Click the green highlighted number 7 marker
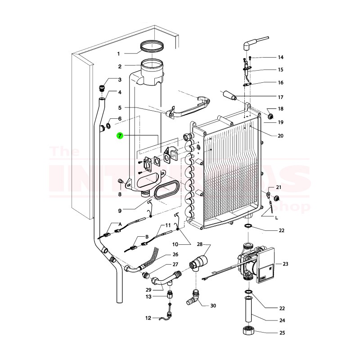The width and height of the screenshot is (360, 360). point(120,135)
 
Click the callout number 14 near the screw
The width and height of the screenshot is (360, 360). point(280,58)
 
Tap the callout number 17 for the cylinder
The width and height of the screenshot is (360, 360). point(280,98)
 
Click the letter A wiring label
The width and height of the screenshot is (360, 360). point(120,224)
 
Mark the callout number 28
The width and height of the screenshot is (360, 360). point(200,244)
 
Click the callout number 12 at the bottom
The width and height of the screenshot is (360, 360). point(148,318)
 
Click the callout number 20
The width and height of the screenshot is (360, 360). point(280,135)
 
